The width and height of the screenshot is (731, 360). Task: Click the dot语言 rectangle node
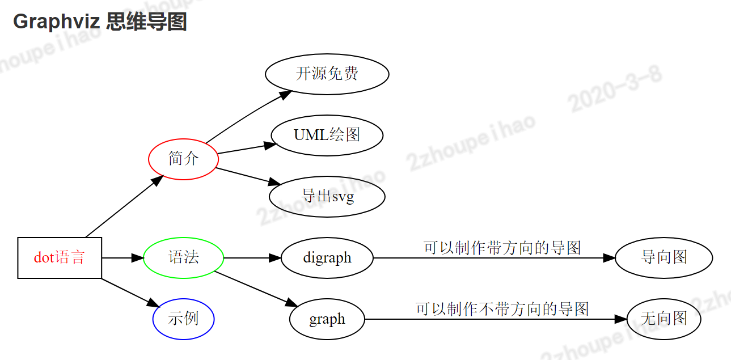coord(60,258)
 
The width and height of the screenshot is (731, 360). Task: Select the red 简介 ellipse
coord(183,159)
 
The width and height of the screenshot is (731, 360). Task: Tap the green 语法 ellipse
coord(183,258)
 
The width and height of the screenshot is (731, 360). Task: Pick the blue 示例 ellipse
coord(183,319)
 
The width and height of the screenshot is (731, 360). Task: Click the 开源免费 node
coord(327,74)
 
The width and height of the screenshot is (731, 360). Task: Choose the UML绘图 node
coord(327,135)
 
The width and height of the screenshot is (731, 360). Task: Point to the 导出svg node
coord(327,197)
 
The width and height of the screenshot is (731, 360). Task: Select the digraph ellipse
coord(327,258)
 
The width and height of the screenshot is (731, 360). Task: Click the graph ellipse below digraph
coord(327,319)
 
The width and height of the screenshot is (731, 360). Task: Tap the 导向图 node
coord(664,258)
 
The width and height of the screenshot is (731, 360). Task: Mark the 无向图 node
coord(664,319)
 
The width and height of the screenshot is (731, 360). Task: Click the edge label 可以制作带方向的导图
coord(502,248)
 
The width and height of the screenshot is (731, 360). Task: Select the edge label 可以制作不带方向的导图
coord(502,309)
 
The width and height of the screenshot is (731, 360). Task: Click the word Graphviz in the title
coord(56,22)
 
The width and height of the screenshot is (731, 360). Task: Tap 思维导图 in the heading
coord(146,22)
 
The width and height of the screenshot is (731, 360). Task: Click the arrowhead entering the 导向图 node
coord(609,258)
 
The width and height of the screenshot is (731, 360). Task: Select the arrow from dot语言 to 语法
coord(122,258)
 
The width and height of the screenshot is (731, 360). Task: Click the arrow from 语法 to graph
coord(255,288)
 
